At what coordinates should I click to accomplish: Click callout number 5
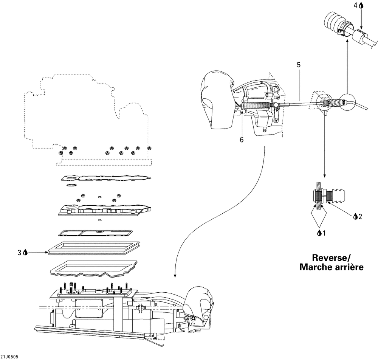[x=299, y=65]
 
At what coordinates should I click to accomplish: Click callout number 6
[x=242, y=140]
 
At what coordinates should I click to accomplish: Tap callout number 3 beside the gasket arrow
[x=20, y=253]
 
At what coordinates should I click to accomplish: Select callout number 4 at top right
[x=356, y=6]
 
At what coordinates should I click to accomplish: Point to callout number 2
[x=360, y=217]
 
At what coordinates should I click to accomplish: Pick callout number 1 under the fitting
[x=324, y=233]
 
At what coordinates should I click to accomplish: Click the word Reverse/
[x=331, y=258]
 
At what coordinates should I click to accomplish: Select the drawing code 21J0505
[x=9, y=357]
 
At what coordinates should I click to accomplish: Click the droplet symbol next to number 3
[x=25, y=253]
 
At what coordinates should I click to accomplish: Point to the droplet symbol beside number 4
[x=361, y=6]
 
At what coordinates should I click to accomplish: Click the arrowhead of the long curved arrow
[x=175, y=276]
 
